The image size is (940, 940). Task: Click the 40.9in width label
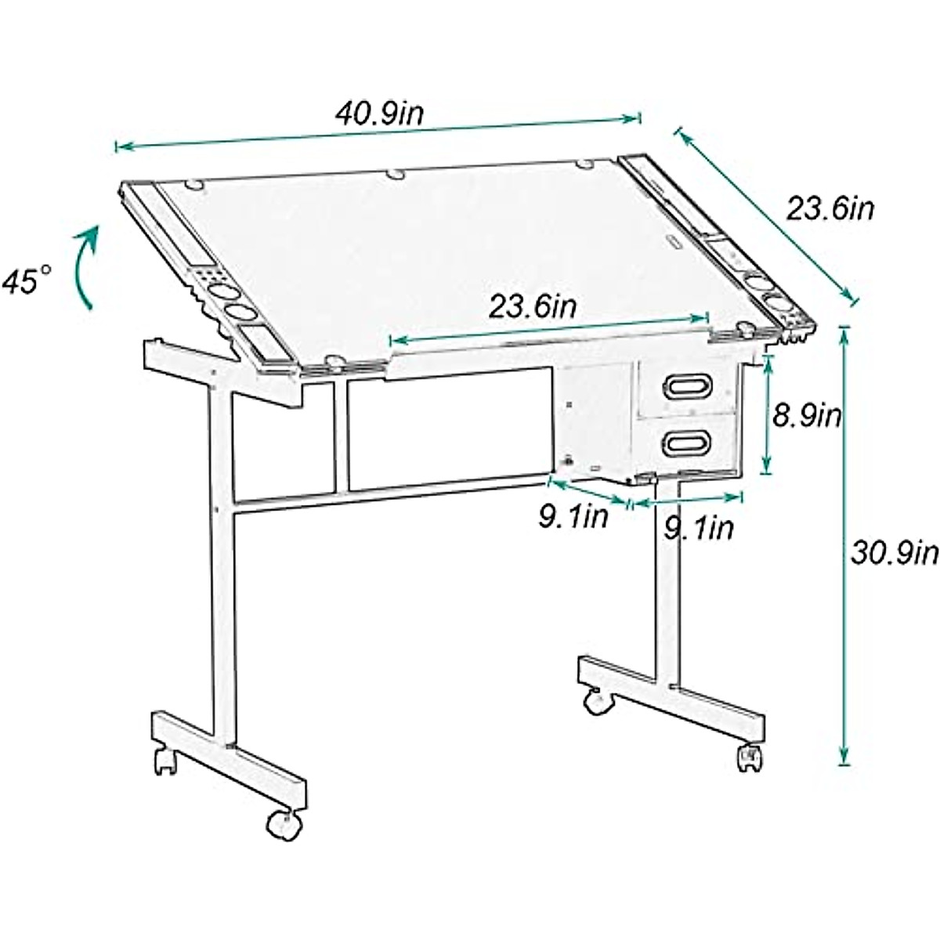coord(381,114)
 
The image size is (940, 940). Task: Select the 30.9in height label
coord(894,553)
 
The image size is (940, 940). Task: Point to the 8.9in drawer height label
coord(807,416)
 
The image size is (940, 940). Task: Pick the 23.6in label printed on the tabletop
coord(533,305)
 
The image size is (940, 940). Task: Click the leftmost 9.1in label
coord(573,517)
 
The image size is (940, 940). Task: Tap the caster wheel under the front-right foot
coord(749,757)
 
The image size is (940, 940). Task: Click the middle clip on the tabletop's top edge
coord(395,173)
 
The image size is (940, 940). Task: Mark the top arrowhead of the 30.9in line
coord(844,331)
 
